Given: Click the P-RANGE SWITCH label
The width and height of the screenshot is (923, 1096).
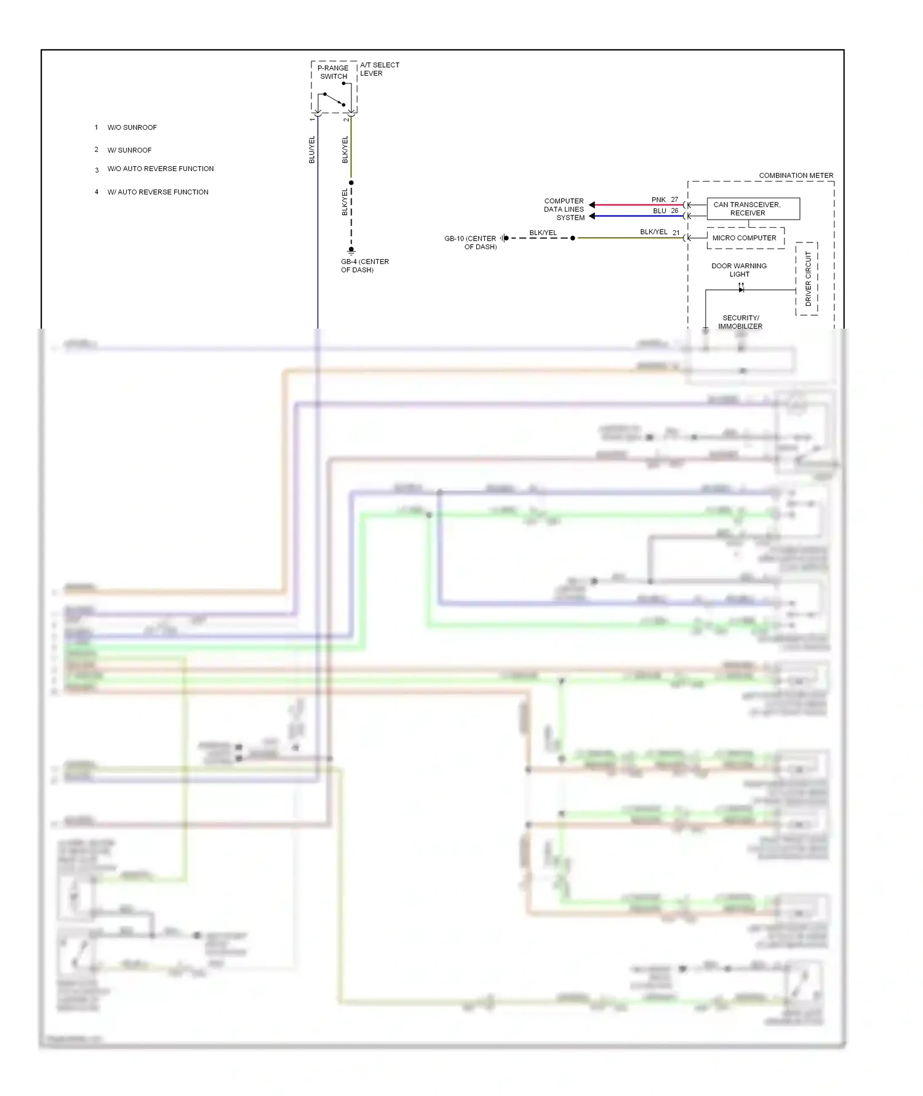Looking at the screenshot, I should [333, 72].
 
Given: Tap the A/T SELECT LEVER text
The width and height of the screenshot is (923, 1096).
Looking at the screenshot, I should [379, 69].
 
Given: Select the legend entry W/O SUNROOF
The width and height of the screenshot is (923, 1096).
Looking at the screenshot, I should [132, 127].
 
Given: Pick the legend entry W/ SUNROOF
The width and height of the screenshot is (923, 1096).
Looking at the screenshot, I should [129, 150].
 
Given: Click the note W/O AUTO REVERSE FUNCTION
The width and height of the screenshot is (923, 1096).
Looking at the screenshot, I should [160, 169].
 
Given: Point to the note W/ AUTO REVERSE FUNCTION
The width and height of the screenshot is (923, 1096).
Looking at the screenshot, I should [158, 192].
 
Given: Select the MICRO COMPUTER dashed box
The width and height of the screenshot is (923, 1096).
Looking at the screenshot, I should [745, 238].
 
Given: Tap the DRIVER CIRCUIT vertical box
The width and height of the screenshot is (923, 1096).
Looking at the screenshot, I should [807, 279].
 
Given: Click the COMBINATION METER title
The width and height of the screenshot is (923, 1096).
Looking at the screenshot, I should [796, 175].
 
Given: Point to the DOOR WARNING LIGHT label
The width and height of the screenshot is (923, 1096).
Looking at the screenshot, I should [739, 270].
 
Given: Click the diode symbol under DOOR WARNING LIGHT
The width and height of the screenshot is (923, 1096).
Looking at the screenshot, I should [741, 289].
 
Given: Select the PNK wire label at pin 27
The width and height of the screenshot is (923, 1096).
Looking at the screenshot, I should [658, 200].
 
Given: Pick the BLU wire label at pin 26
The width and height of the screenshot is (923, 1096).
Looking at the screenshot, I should [659, 211].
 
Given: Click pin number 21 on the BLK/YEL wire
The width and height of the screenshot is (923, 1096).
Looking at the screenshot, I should [676, 233].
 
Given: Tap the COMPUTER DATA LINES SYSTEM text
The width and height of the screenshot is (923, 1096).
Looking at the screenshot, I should [564, 209].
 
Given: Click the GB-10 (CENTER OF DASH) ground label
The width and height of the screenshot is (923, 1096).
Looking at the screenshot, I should [471, 242].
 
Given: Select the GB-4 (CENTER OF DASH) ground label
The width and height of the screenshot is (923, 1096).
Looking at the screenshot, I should [364, 266].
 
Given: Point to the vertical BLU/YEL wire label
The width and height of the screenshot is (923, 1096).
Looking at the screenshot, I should [311, 150].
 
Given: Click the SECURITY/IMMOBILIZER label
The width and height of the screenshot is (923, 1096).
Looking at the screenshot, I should [740, 322].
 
